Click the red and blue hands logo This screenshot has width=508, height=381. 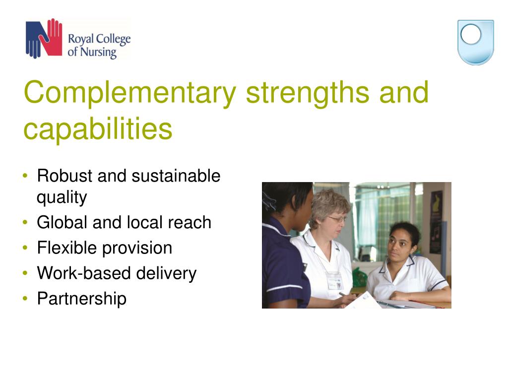pos(44,38)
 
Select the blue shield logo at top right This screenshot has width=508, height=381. pos(475,42)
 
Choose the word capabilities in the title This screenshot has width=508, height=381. pos(98,128)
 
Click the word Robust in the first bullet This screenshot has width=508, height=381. pos(65,176)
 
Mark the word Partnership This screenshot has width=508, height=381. pos(81,299)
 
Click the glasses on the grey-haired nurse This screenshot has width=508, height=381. pos(337,219)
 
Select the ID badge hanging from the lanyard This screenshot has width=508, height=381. pos(334,282)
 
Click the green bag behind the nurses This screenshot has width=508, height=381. pos(359,278)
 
